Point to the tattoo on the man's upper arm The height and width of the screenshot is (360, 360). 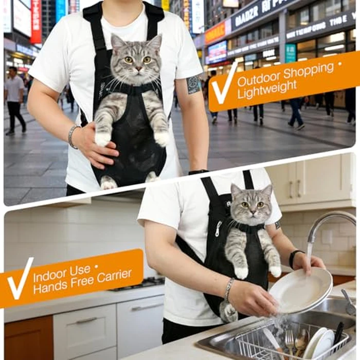coord(193,85)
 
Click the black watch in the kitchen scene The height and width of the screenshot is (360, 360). coord(294,258)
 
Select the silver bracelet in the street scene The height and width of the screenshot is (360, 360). coord(73,136)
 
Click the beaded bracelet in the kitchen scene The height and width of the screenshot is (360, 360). coord(228,289)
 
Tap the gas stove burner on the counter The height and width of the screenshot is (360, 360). coord(147,282)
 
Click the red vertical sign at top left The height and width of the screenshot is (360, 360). coord(36,21)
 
